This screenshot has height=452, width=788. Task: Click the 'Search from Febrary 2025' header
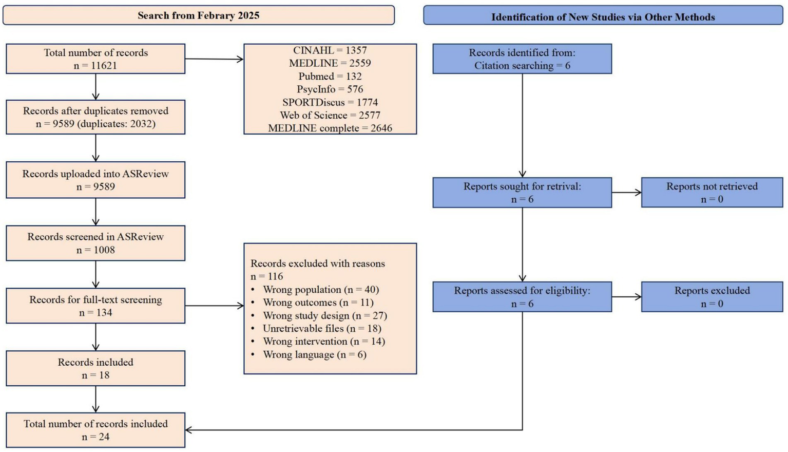click(x=198, y=15)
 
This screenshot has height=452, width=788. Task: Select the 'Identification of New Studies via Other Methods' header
click(x=603, y=16)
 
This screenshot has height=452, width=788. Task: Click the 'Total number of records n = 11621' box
click(x=95, y=59)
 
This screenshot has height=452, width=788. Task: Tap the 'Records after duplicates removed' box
click(x=95, y=117)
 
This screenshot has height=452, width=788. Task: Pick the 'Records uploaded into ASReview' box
click(x=95, y=180)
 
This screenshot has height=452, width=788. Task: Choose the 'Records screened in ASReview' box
click(x=95, y=243)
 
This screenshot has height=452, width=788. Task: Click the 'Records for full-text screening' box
click(x=95, y=306)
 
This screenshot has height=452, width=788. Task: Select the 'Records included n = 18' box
click(x=95, y=368)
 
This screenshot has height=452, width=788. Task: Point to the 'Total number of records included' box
click(x=95, y=430)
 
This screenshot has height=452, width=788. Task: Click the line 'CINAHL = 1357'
click(x=330, y=50)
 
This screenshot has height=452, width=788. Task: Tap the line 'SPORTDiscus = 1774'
click(x=330, y=102)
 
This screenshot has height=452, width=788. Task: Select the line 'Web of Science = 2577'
click(x=330, y=115)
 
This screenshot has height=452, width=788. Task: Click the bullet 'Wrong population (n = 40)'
click(x=321, y=289)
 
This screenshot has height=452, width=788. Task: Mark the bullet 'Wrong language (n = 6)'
click(x=315, y=354)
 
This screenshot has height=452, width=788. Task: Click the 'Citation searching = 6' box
click(x=522, y=59)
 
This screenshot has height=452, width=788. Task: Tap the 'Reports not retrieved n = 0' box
click(x=712, y=193)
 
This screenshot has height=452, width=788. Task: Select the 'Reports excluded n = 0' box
click(x=712, y=296)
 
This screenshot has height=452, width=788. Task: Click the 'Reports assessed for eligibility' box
click(x=522, y=296)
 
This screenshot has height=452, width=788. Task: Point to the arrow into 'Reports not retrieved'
click(x=627, y=193)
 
